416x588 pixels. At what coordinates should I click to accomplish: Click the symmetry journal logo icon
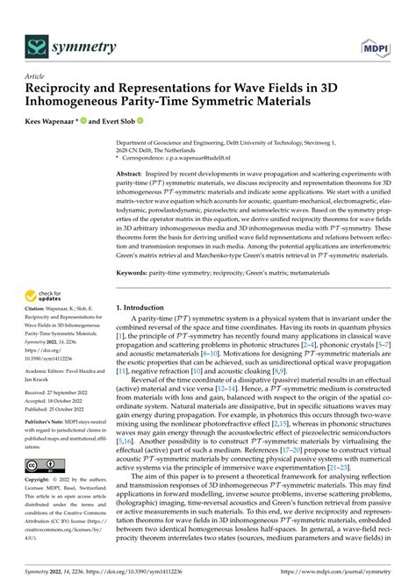37,45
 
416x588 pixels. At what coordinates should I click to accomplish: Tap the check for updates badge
46,297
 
